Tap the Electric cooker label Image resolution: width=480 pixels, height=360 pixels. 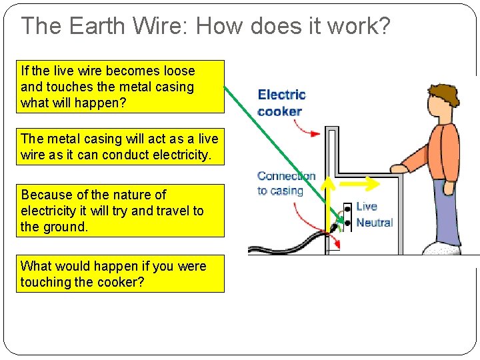click(x=281, y=103)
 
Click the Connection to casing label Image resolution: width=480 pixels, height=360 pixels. click(x=285, y=183)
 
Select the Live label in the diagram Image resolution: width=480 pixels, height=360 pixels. click(x=366, y=207)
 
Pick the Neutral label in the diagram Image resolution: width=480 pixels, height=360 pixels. click(x=374, y=223)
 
